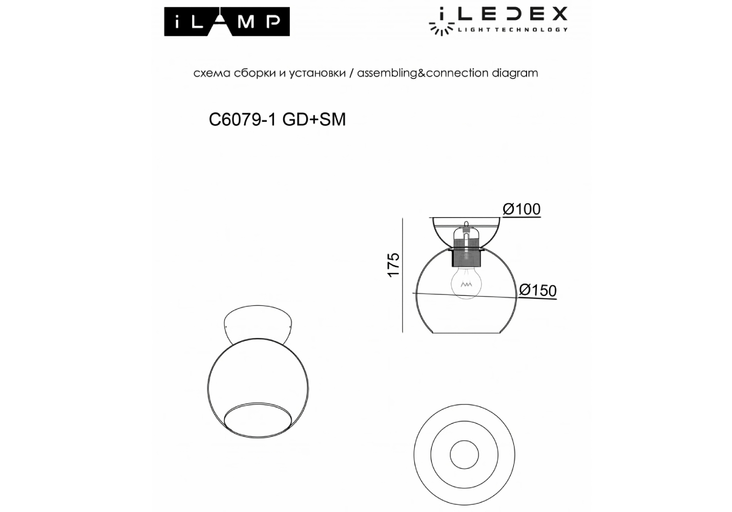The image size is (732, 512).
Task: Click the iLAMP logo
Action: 227,22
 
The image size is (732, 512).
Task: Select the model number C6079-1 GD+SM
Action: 277,120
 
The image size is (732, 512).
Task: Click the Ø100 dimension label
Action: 521,209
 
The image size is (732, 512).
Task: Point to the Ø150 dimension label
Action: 538,290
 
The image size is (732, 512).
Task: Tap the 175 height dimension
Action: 393,265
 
